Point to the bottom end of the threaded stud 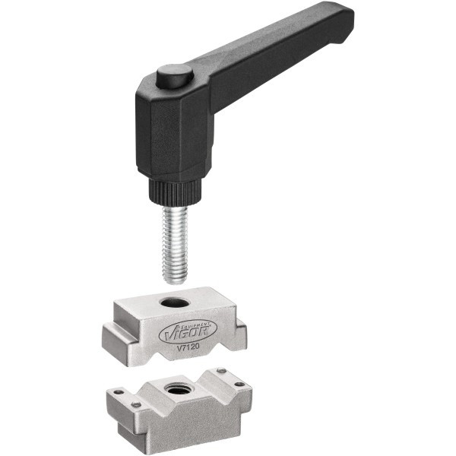pyautogui.click(x=175, y=283)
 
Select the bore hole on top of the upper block pyautogui.click(x=175, y=303)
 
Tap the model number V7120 pyautogui.click(x=188, y=347)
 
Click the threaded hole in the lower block pyautogui.click(x=177, y=388)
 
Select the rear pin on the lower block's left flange pyautogui.click(x=119, y=392)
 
